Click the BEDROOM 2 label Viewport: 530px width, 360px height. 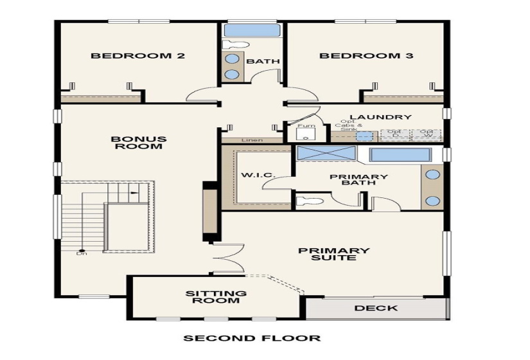click(x=137, y=56)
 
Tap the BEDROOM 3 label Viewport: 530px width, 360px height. click(x=366, y=56)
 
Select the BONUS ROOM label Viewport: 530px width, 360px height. click(x=138, y=142)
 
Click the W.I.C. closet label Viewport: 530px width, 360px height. click(x=258, y=175)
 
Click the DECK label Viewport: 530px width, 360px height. click(x=376, y=308)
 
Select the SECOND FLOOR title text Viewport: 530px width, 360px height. click(x=252, y=338)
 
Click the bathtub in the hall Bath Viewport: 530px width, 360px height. click(x=252, y=30)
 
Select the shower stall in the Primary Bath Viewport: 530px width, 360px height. click(x=325, y=154)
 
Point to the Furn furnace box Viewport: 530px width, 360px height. click(x=306, y=131)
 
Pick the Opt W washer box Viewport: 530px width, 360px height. click(x=427, y=134)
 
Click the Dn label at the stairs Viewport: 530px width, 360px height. click(x=82, y=253)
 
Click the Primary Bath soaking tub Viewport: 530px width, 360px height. click(x=400, y=155)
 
